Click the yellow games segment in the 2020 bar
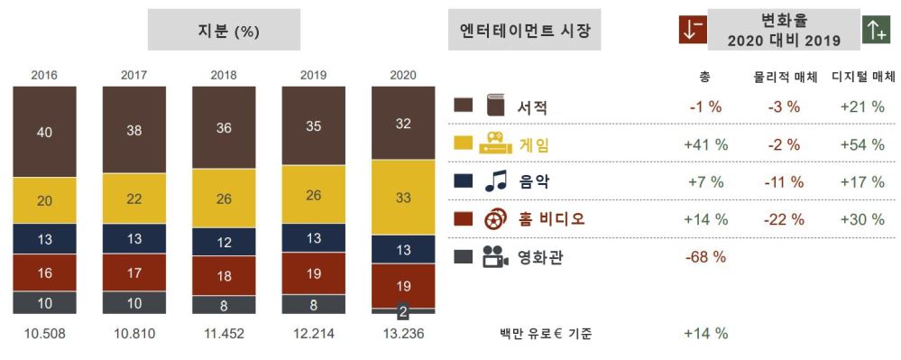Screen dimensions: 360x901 coord(403,197)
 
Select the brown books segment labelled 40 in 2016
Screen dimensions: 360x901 coord(44,132)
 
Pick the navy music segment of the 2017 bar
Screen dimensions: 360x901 coord(133,239)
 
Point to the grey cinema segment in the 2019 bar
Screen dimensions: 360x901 coord(314,304)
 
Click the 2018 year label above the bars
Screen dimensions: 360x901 coord(224,75)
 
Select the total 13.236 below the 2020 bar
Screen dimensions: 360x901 coord(403,334)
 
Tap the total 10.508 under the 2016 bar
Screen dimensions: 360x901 coord(44,334)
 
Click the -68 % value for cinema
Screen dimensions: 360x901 coord(705,256)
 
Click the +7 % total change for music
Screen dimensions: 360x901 coord(705,181)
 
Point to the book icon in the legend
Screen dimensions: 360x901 coord(495,106)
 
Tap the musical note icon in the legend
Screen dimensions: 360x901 coord(495,181)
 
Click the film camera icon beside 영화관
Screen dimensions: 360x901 coord(495,256)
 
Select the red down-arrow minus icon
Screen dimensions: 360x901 coord(692,29)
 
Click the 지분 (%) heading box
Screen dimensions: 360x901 coord(224,30)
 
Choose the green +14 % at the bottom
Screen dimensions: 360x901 coord(705,334)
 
